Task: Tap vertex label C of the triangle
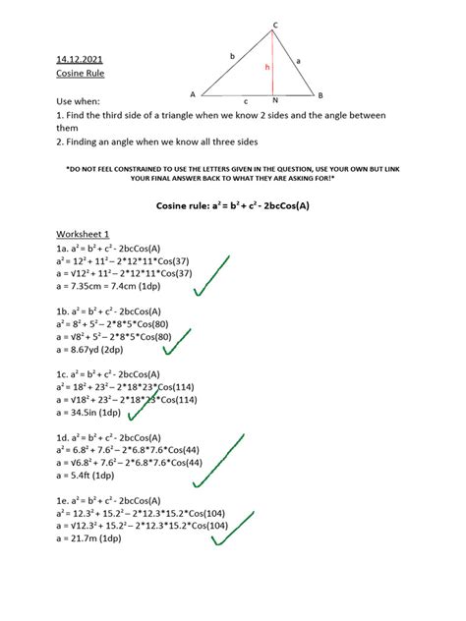pos(274,24)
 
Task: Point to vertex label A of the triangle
pos(192,94)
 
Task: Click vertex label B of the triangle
pos(320,94)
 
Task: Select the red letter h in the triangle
pos(266,68)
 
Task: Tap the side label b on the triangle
pos(232,57)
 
